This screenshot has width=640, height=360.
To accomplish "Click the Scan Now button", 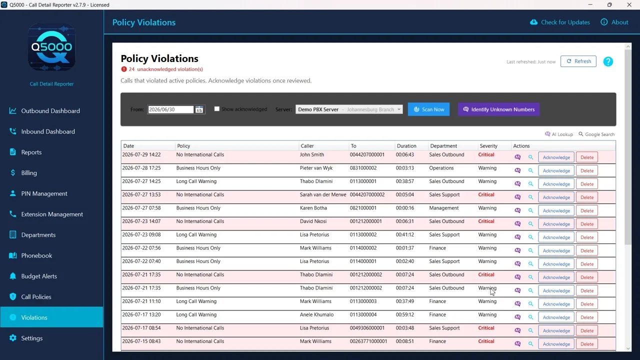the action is [x=428, y=109].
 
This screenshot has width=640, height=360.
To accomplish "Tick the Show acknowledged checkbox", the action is [x=217, y=109].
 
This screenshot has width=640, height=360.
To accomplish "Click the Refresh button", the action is [x=578, y=61].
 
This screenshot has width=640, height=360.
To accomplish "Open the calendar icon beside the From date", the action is [x=199, y=109].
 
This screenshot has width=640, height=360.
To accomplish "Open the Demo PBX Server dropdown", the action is [x=349, y=109].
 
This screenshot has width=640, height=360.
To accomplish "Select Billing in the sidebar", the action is [x=29, y=173].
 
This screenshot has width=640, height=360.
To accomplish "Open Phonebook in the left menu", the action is [x=36, y=255].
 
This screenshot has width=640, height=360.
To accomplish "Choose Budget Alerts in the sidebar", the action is [x=39, y=276].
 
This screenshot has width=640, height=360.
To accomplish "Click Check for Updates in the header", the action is [x=560, y=22].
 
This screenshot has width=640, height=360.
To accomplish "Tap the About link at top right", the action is [x=614, y=22].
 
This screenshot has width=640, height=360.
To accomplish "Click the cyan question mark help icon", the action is [x=608, y=61].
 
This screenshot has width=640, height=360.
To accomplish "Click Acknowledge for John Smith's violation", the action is [x=556, y=157].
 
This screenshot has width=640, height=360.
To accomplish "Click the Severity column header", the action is [x=488, y=145].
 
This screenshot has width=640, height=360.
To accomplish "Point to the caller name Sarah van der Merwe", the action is [x=323, y=194].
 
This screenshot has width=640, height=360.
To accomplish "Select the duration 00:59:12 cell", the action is [x=404, y=314].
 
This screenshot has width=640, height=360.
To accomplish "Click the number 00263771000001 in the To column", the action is [x=368, y=341].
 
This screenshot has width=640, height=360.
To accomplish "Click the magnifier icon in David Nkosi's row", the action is [x=530, y=224].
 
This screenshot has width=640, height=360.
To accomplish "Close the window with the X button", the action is [x=629, y=5].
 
